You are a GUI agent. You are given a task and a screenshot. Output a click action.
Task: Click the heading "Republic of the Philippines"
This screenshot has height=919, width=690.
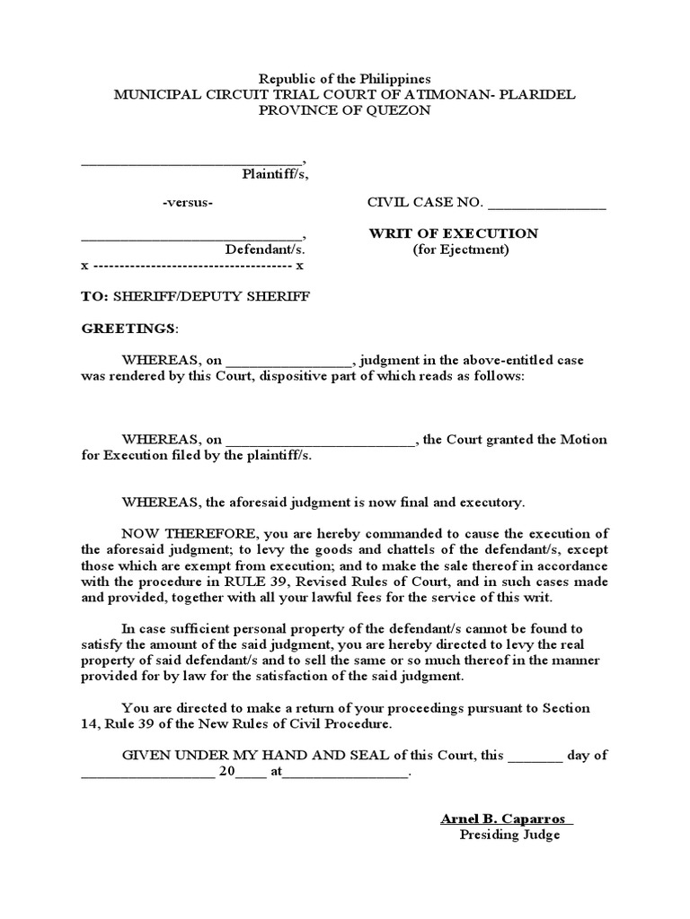[x=345, y=79]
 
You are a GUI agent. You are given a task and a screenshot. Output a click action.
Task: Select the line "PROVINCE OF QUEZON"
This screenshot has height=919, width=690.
[x=345, y=110]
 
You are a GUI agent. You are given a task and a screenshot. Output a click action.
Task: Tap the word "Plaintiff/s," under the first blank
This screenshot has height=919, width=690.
[x=275, y=174]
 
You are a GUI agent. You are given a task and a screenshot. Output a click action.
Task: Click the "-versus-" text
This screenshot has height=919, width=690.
[x=188, y=203]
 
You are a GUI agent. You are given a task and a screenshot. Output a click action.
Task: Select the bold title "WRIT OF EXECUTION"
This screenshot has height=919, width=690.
[x=454, y=233]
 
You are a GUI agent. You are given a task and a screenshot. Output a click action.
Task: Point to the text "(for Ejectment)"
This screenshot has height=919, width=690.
[x=461, y=249]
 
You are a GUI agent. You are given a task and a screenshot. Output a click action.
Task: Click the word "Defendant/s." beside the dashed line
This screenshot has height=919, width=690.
[x=265, y=249]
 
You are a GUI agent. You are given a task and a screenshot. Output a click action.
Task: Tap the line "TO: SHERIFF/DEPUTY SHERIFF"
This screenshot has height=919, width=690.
[x=196, y=296]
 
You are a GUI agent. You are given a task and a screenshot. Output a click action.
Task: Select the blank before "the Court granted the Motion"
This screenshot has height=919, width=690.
[x=319, y=441]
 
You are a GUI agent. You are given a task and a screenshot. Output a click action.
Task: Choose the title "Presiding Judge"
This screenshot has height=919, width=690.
[x=509, y=835]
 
